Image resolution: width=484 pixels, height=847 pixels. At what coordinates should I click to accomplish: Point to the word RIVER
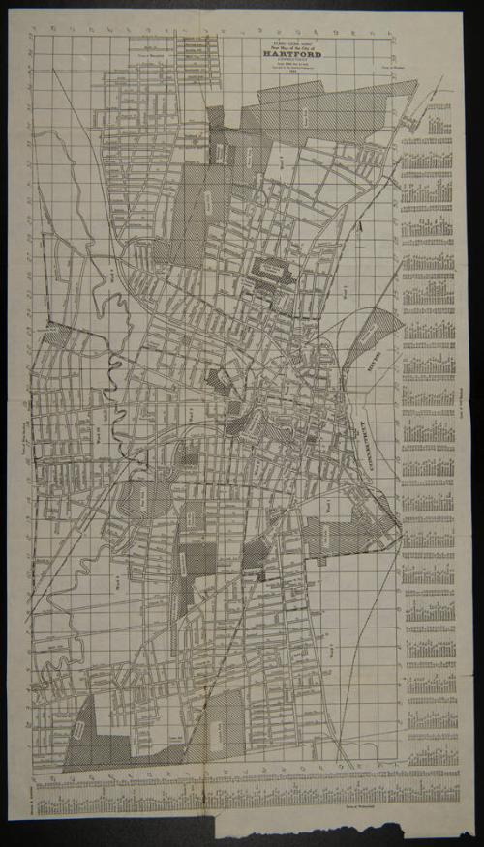(x=350, y=362)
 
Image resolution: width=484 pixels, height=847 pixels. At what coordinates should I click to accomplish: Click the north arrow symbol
(x=360, y=225)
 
